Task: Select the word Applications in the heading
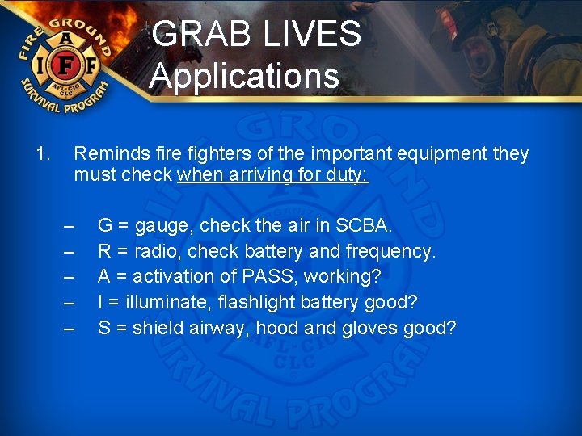(244, 76)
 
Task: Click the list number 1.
(44, 153)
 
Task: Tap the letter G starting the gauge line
(105, 224)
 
